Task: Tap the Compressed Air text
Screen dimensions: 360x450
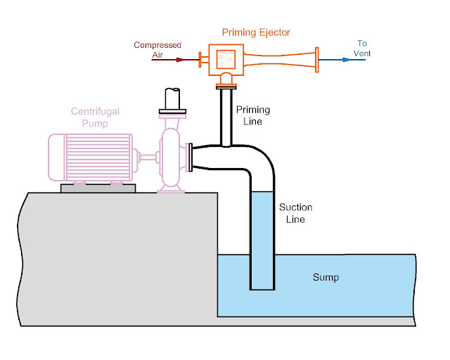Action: (157, 50)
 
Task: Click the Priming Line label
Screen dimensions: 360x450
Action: (252, 115)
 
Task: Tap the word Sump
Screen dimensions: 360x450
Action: (326, 277)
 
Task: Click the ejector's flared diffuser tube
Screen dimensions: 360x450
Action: (281, 59)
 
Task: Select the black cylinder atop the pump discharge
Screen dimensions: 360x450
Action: (172, 97)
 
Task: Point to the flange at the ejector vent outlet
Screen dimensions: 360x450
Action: (317, 60)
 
